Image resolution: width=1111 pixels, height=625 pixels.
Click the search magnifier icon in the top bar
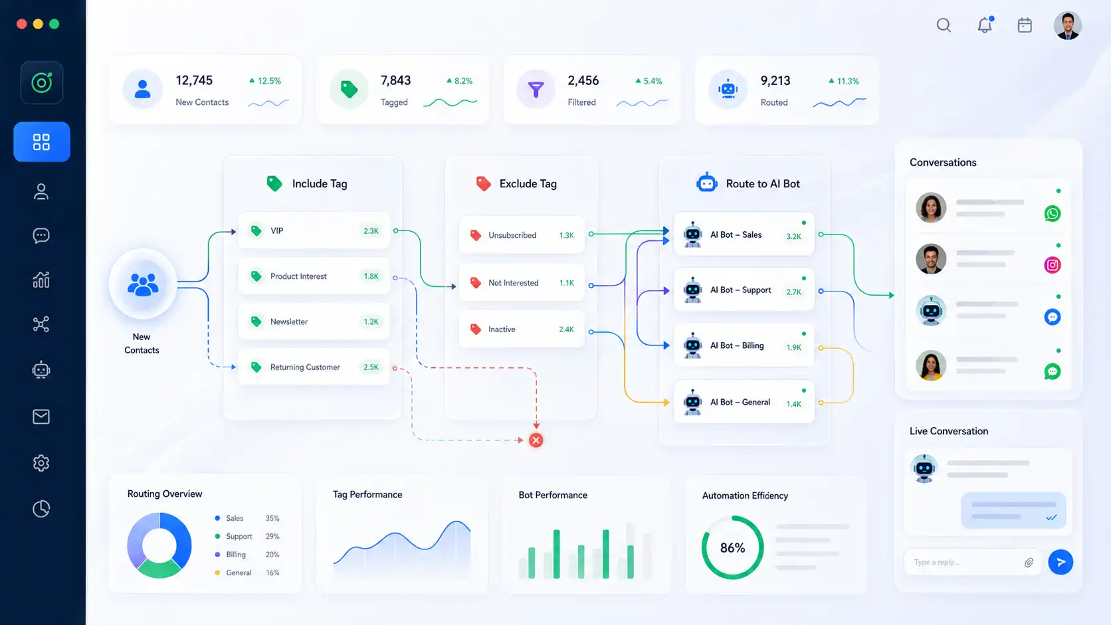(944, 25)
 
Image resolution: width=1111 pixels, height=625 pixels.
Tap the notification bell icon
(985, 25)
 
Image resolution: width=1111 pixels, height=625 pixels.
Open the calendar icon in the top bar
(1025, 25)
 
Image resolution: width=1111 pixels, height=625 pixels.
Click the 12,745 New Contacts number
(194, 80)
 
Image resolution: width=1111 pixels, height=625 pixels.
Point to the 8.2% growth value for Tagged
(463, 81)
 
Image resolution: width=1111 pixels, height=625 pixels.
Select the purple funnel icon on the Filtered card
(536, 89)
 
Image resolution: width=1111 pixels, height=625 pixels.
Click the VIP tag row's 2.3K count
(371, 231)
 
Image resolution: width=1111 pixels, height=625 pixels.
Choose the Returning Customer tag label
(305, 367)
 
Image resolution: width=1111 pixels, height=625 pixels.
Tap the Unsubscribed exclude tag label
(512, 235)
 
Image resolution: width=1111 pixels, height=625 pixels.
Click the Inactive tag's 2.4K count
(566, 329)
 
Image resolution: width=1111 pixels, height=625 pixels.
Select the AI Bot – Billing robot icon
(692, 345)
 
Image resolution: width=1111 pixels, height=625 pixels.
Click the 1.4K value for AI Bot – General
(793, 404)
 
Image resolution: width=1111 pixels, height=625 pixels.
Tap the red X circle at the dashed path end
(536, 440)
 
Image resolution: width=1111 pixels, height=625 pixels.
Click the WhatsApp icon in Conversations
(1053, 214)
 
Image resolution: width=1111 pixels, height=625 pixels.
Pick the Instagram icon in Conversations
(1053, 265)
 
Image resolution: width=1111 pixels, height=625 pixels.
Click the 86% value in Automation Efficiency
(732, 548)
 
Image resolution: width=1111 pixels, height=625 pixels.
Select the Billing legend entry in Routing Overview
(236, 555)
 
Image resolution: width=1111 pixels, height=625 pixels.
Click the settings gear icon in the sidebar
(41, 463)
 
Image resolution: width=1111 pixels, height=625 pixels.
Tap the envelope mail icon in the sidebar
(41, 417)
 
